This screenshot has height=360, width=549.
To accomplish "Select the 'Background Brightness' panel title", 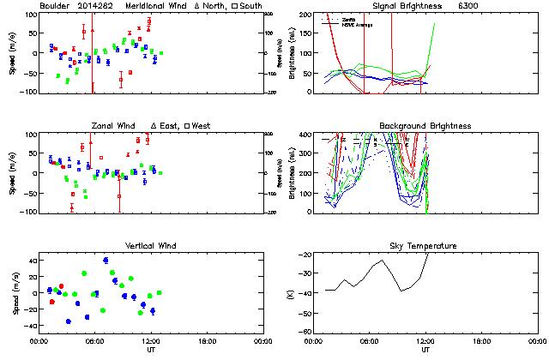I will pyautogui.click(x=425, y=126).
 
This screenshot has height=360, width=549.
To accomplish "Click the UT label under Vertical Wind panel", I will pyautogui.click(x=148, y=349).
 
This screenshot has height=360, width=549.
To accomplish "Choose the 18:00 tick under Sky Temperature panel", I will pyautogui.click(x=480, y=340).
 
